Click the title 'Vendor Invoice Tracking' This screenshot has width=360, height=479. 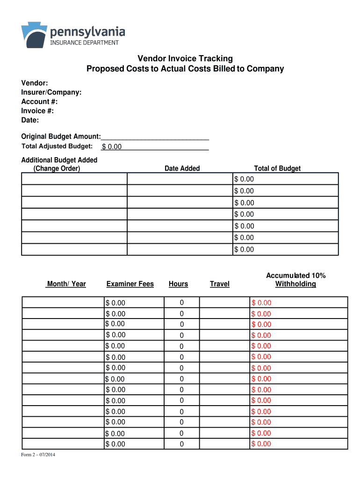tap(185, 58)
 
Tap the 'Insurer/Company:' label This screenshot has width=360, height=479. tap(51, 93)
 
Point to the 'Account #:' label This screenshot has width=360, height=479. tap(39, 102)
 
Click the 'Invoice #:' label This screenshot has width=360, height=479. tap(37, 111)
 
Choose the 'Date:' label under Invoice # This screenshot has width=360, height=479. tap(30, 120)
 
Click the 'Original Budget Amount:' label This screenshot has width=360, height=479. tap(61, 137)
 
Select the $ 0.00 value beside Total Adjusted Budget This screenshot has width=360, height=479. tap(112, 147)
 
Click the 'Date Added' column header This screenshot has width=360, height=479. tap(182, 168)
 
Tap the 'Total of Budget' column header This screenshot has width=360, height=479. tap(277, 168)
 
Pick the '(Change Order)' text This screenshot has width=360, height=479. tap(57, 168)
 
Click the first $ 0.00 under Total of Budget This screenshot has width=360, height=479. tap(244, 179)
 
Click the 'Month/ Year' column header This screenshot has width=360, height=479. tap(66, 284)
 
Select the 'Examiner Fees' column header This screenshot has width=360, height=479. tap(130, 284)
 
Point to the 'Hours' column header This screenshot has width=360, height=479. tap(178, 284)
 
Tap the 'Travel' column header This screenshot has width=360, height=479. tap(220, 284)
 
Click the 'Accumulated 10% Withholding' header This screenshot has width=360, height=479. tap(295, 280)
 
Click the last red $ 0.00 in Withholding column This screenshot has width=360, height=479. tap(261, 444)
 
